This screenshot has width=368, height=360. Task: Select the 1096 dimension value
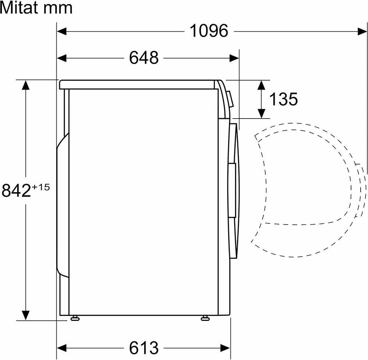tap(209, 31)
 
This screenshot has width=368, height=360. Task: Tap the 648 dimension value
tap(144, 58)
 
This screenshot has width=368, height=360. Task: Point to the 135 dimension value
tap(283, 99)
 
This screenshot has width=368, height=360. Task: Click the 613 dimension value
tap(144, 347)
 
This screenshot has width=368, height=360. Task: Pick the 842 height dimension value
tap(16, 190)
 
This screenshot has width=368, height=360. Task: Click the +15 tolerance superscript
tap(41, 187)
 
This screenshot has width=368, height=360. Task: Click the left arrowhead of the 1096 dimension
tap(62, 31)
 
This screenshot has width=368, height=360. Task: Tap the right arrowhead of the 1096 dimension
tap(362, 31)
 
